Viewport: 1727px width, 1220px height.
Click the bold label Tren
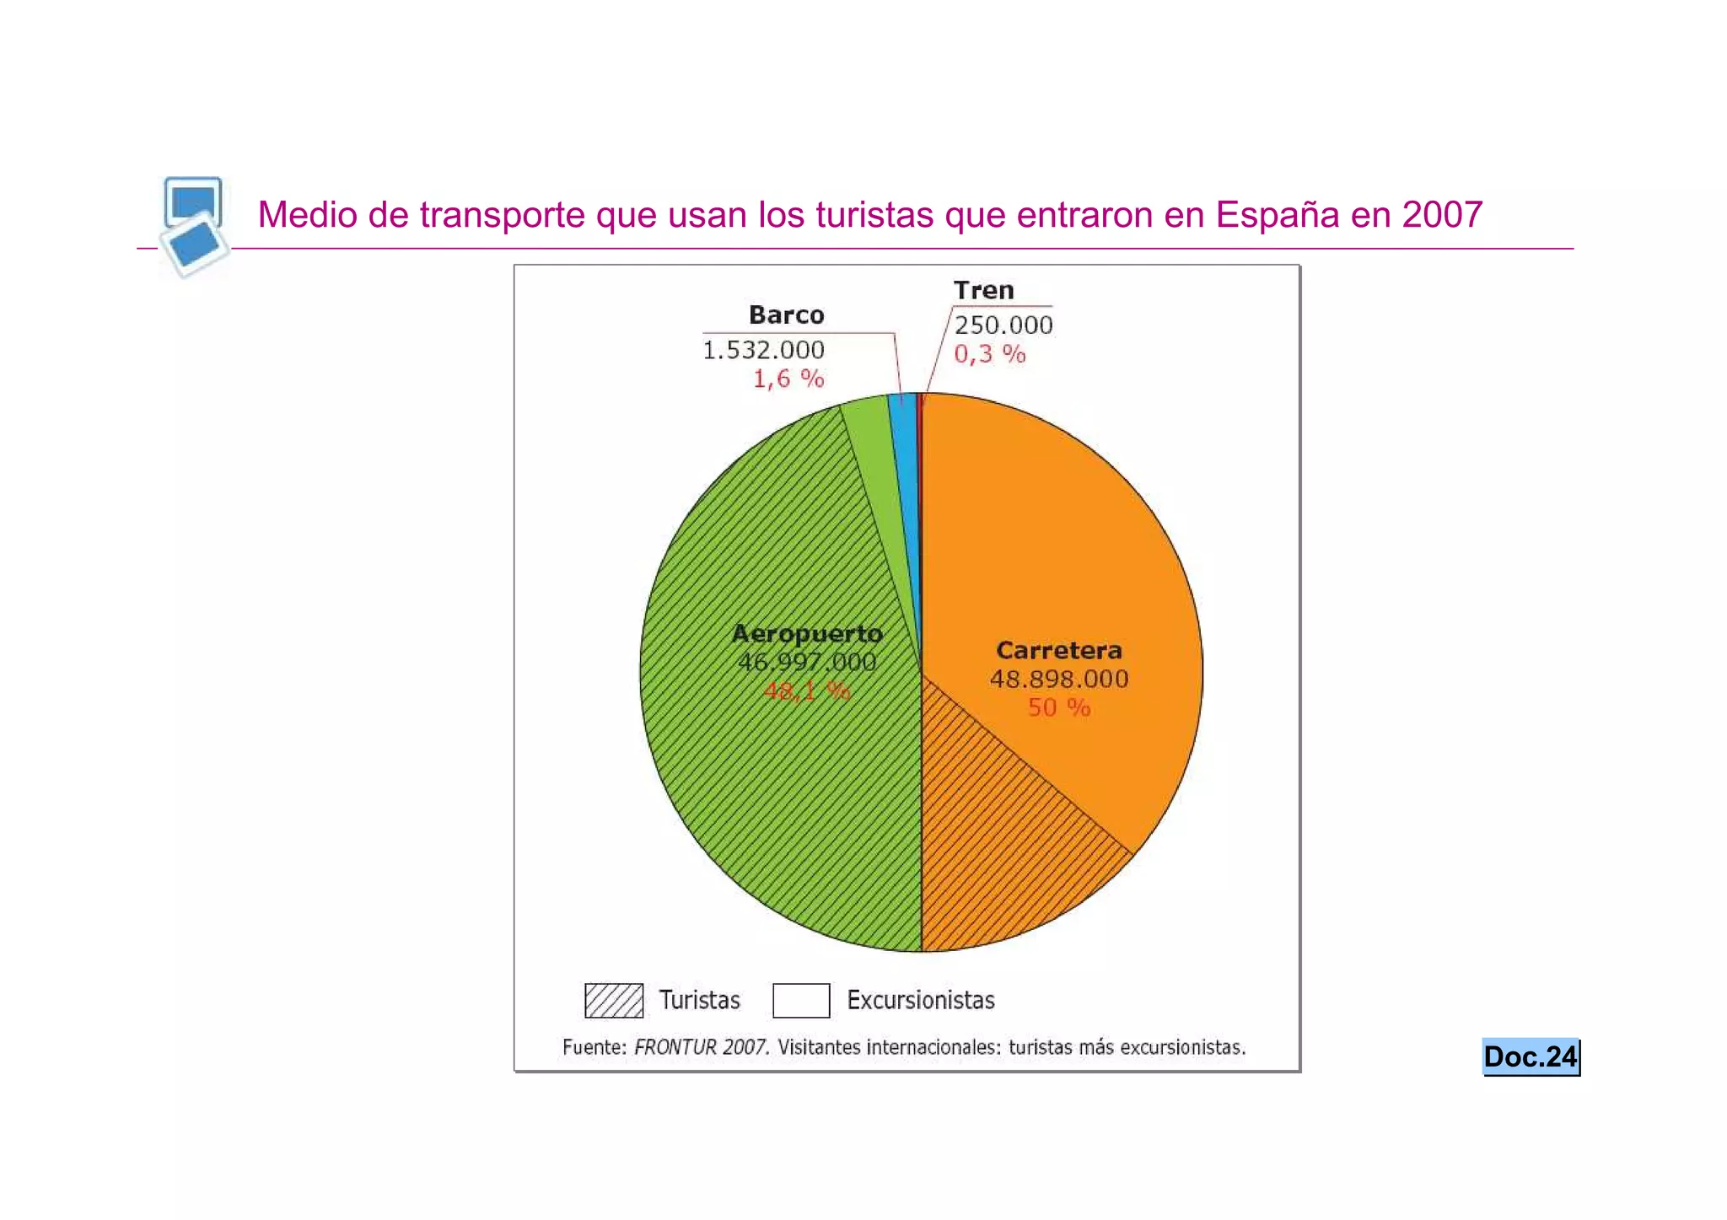[x=983, y=291]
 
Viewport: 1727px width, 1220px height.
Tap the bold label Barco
[x=786, y=315]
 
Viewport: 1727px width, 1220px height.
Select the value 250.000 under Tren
[x=1003, y=325]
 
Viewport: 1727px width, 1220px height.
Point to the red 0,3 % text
[x=989, y=354]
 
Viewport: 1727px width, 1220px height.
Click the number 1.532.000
[x=763, y=350]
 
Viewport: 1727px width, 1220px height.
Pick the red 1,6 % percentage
[x=788, y=379]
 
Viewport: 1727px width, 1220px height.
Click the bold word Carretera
[x=1059, y=651]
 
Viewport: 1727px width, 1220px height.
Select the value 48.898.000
[x=1059, y=680]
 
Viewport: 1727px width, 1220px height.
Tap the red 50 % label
[x=1059, y=708]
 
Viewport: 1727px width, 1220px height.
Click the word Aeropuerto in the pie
[x=807, y=634]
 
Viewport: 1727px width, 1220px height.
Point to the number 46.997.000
[x=807, y=663]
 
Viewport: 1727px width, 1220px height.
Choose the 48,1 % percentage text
[x=807, y=692]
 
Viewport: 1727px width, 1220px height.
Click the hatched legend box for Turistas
[x=614, y=1001]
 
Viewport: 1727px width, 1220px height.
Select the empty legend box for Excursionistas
[x=801, y=1001]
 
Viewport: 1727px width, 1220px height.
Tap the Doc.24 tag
[x=1530, y=1057]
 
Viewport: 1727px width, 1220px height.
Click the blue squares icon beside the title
[x=194, y=226]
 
